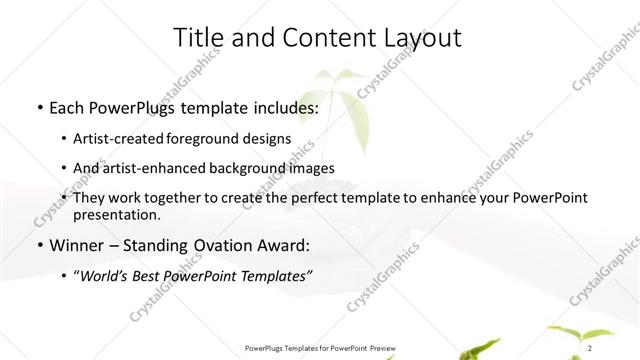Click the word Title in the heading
click(200, 38)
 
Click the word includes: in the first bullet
click(278, 106)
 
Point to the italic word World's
click(105, 276)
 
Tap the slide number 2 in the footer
click(591, 347)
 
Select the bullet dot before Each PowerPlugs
click(38, 107)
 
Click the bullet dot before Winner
click(38, 246)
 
